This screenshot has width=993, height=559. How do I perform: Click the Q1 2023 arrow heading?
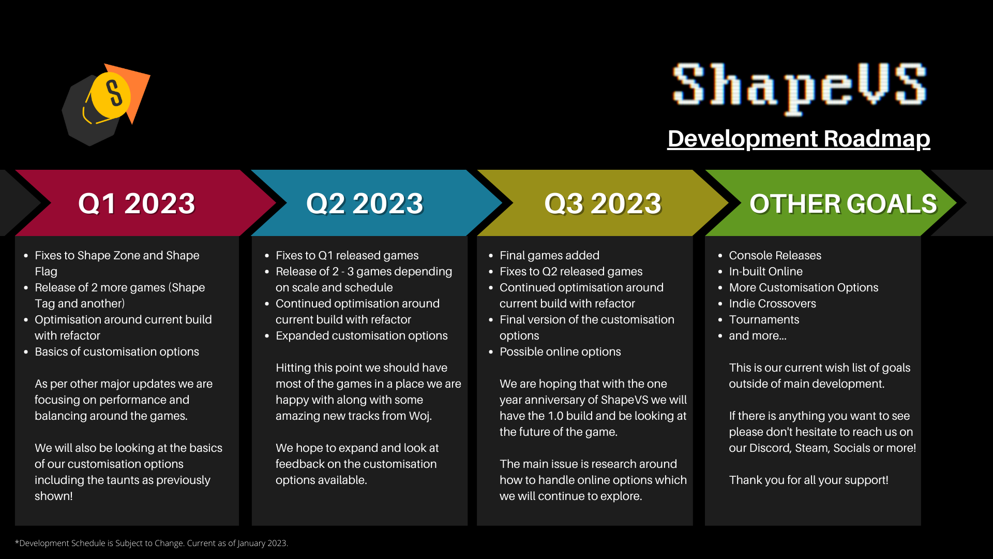click(137, 203)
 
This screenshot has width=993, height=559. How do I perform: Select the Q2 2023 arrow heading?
click(365, 203)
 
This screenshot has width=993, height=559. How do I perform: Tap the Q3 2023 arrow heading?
click(603, 203)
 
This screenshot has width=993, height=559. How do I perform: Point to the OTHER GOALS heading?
click(843, 204)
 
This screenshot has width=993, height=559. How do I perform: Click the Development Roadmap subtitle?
click(799, 139)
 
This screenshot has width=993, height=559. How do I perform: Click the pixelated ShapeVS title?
click(799, 87)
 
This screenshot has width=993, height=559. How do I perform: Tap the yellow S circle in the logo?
click(111, 95)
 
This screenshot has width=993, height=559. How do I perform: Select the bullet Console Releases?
click(775, 255)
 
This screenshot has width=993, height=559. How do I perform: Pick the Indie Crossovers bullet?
click(772, 303)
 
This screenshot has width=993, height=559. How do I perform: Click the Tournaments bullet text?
click(764, 319)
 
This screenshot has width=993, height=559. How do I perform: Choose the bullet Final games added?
click(549, 255)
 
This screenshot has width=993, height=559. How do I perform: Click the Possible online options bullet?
click(560, 351)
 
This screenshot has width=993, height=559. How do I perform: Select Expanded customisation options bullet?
click(362, 335)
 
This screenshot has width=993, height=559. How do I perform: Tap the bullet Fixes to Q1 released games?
click(347, 255)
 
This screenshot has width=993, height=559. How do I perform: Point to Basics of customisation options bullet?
click(117, 351)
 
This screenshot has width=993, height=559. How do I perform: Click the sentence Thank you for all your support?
click(808, 480)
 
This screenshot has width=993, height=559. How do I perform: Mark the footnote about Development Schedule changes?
click(152, 543)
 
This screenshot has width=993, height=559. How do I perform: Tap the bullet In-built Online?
click(765, 271)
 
